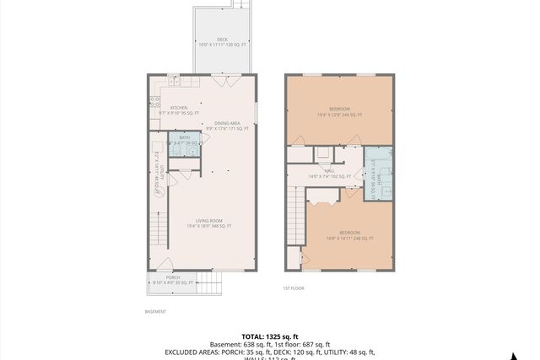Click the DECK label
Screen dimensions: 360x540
(222, 39)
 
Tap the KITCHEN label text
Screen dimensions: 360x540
(179, 108)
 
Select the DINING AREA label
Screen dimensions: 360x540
(227, 123)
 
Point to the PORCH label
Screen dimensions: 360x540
(172, 277)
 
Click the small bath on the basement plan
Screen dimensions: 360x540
(184, 142)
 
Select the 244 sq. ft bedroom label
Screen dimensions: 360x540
(339, 110)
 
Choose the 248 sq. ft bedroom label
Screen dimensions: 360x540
(349, 233)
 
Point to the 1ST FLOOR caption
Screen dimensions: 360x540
(294, 288)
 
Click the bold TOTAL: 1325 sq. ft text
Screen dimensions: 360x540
(269, 336)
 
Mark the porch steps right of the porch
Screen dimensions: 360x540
(209, 283)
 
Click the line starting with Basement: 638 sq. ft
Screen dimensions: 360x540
(269, 344)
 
